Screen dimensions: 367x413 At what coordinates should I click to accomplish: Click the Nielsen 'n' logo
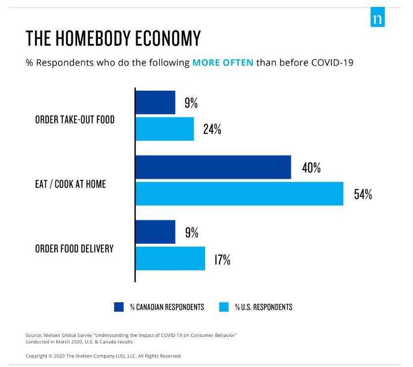(x=377, y=19)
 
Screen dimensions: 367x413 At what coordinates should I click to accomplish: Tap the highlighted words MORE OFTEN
(x=222, y=63)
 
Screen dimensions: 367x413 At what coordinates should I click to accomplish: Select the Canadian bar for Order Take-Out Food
(x=155, y=103)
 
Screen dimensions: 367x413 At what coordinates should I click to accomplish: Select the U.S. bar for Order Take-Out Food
(x=165, y=129)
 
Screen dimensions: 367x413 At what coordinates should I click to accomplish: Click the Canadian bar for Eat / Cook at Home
(x=213, y=167)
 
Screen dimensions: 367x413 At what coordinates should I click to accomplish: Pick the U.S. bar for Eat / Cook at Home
(x=239, y=193)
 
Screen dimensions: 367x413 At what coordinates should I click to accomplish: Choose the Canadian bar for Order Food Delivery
(x=155, y=232)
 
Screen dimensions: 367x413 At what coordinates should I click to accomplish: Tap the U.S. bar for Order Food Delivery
(x=170, y=258)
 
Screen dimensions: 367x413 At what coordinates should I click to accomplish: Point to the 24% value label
(x=212, y=129)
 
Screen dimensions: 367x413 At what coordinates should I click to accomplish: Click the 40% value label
(x=311, y=168)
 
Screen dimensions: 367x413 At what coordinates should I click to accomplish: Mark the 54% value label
(x=363, y=194)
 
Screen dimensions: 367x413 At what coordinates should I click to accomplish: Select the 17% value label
(x=222, y=259)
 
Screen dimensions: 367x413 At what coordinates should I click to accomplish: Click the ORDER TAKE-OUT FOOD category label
(x=75, y=120)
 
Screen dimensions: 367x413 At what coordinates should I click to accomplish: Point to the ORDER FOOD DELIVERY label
(x=74, y=249)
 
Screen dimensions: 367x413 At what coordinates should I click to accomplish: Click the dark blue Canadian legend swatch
(x=119, y=307)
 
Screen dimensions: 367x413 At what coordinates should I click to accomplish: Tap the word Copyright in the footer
(x=37, y=355)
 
